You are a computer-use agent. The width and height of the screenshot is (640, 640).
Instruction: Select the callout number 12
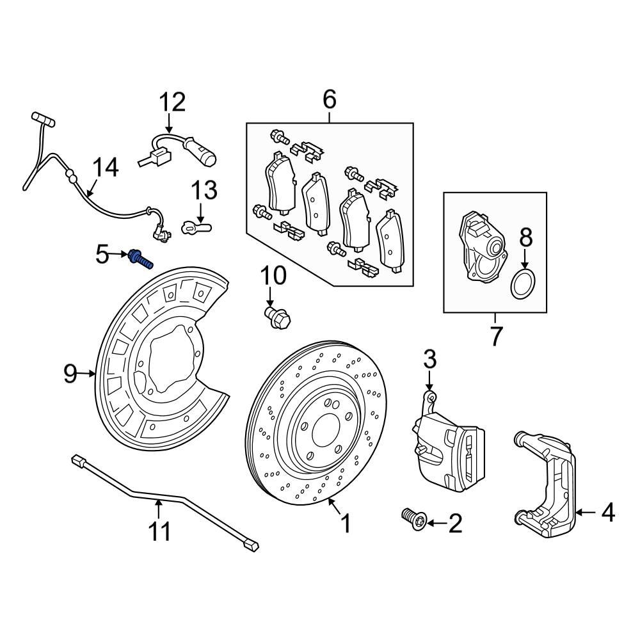172,102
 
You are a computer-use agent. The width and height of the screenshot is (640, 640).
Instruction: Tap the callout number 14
104,168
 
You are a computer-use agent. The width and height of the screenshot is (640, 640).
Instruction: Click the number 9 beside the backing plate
71,373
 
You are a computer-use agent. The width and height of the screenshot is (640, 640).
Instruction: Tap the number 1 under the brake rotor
346,525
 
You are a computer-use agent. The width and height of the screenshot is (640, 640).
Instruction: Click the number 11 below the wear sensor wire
160,531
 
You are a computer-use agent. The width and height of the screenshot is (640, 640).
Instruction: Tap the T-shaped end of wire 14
43,118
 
